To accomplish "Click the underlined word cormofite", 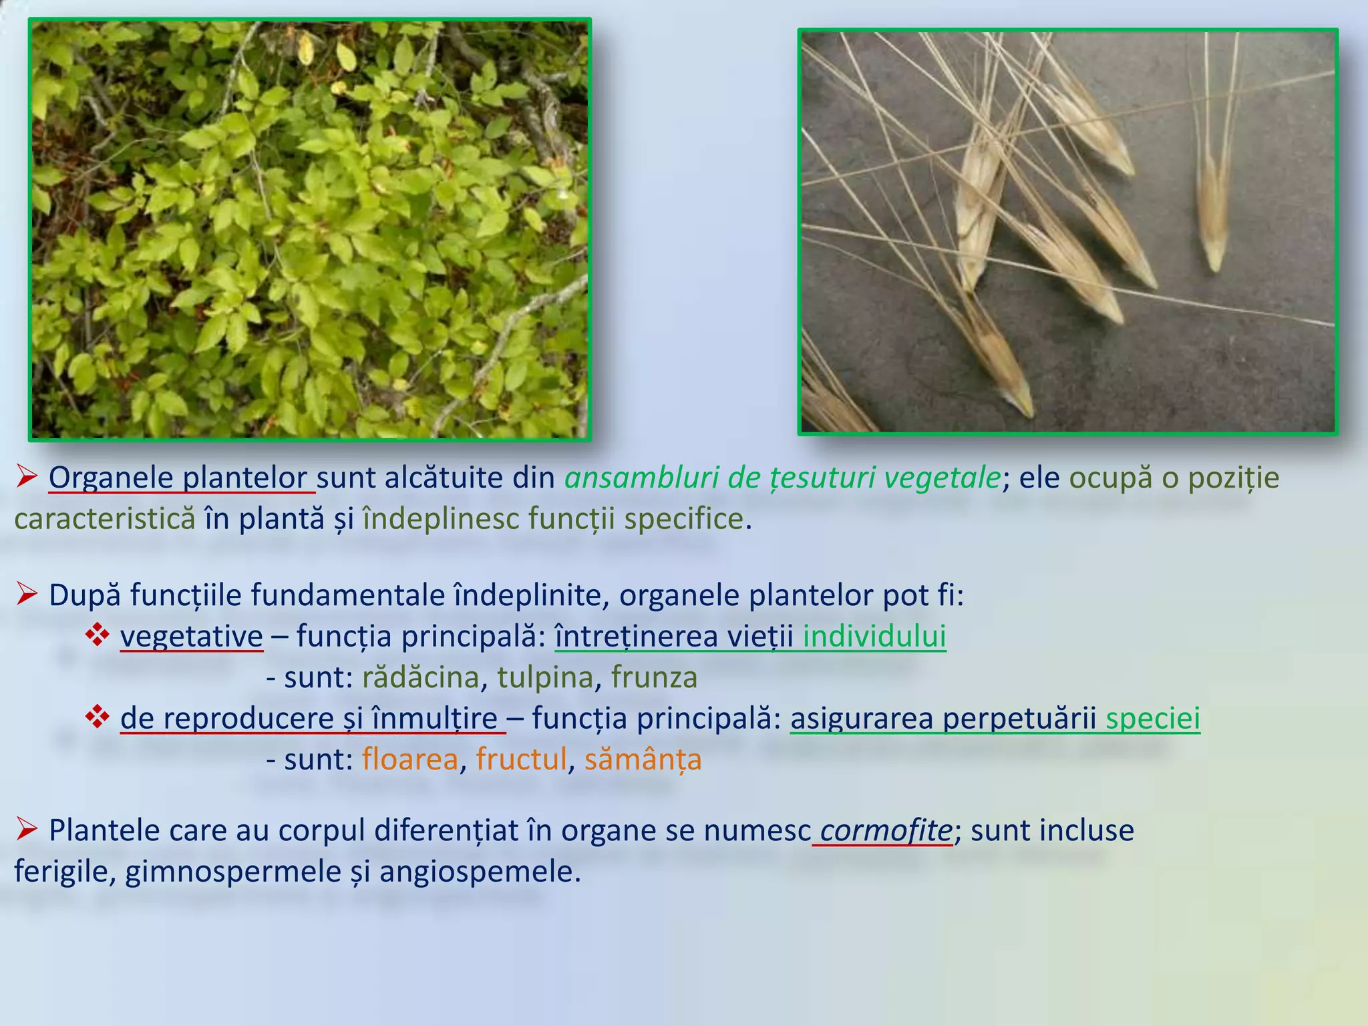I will pos(886,831).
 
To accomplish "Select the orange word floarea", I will pos(410,760).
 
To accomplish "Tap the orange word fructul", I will pos(521,760).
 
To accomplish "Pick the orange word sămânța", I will pos(643,760).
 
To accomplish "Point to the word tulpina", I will pos(545,678).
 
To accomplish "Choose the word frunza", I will pos(654,678).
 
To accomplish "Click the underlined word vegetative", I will pos(192,637).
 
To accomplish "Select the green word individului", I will pos(874,637).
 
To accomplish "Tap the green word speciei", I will pos(1152,719).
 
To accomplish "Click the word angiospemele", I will pos(480,872).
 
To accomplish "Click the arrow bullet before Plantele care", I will pos(27,830).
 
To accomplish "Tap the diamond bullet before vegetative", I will pos(98,635).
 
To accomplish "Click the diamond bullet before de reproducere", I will pos(98,718).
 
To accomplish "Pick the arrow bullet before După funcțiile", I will pos(27,594).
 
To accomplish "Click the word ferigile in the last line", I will pos(64,872).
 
